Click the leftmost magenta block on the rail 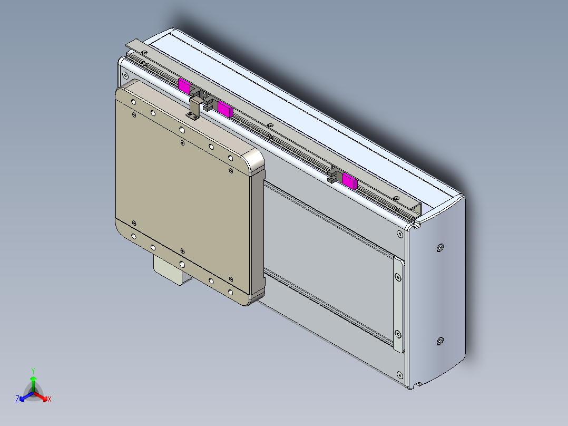(184, 85)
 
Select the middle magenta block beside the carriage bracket (226, 109)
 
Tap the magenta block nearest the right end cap (349, 181)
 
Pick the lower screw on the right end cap (440, 342)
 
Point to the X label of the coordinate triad (49, 400)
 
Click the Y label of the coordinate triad (33, 370)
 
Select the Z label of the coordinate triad (17, 400)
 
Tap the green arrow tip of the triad (33, 378)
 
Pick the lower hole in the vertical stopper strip (397, 333)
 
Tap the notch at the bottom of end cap (419, 385)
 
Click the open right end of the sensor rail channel (416, 210)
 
